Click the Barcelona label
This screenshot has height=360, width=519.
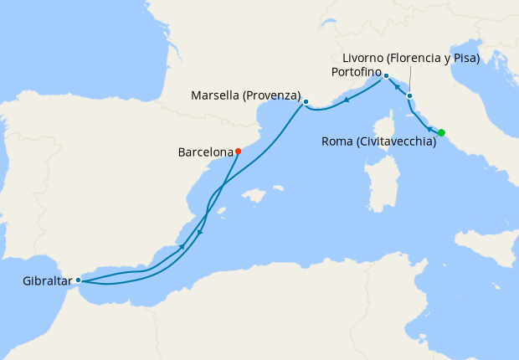coord(205,152)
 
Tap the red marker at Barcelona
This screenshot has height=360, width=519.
coord(238,152)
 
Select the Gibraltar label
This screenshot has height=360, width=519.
coord(42,281)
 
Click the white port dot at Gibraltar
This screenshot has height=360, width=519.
coord(78,280)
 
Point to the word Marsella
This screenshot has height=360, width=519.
coord(215,95)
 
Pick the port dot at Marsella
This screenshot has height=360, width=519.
coord(306,102)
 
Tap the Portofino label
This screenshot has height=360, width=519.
coord(356,74)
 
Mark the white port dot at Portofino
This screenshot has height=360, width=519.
coord(386,75)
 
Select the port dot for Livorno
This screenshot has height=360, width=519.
coord(409,95)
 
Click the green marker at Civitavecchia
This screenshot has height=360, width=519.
coord(441,132)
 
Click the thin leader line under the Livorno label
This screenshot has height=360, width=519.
coord(410,80)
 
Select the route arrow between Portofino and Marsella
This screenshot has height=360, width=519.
coord(346,99)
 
